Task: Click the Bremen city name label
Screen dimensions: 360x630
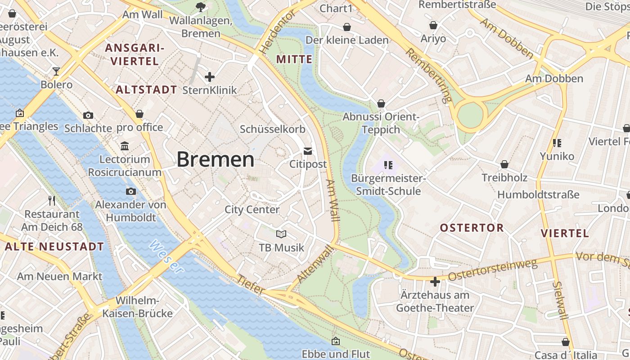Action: [x=215, y=159]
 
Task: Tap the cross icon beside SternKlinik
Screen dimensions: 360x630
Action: [x=209, y=77]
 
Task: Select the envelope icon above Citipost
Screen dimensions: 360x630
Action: [x=308, y=151]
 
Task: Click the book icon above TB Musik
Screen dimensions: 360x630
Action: [x=281, y=234]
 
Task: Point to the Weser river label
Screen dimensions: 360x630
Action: [x=166, y=257]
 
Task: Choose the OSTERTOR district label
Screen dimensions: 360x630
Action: [x=472, y=228]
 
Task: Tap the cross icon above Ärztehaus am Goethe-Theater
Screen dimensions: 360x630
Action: [x=435, y=282]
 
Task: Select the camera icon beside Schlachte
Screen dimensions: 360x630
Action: [x=88, y=116]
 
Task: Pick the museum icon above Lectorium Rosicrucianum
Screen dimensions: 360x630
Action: [x=125, y=146]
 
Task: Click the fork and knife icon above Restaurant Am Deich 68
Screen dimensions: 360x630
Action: [x=52, y=201]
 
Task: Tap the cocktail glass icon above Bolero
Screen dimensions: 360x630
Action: [x=56, y=72]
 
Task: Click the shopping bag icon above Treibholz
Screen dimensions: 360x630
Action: [x=504, y=165]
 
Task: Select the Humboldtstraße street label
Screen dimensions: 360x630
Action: [x=538, y=195]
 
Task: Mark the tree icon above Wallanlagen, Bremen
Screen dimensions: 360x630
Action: [x=201, y=7]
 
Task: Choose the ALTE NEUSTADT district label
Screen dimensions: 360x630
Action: [x=54, y=247]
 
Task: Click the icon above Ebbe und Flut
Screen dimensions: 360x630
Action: [x=335, y=341]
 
